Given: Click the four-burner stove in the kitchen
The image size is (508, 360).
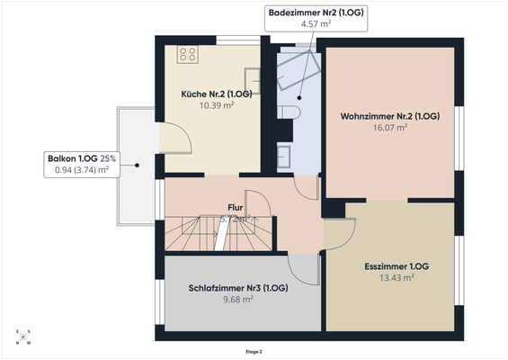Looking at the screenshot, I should (x=188, y=55).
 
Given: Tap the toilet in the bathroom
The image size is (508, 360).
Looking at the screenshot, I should (x=288, y=111).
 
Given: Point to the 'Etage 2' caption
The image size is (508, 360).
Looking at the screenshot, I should (x=254, y=351).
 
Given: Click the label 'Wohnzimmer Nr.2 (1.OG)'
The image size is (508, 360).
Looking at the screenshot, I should (x=389, y=116).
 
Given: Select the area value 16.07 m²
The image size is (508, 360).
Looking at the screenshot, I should (x=389, y=128).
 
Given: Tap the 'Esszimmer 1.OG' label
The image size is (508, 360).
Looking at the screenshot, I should (x=389, y=266).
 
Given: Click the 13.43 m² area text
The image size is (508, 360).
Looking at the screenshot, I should (x=389, y=278).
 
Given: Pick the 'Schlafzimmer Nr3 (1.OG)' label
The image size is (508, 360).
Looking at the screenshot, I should (x=238, y=288).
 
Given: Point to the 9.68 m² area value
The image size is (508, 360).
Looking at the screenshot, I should (x=238, y=300).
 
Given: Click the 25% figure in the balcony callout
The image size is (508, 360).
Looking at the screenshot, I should (x=107, y=157).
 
